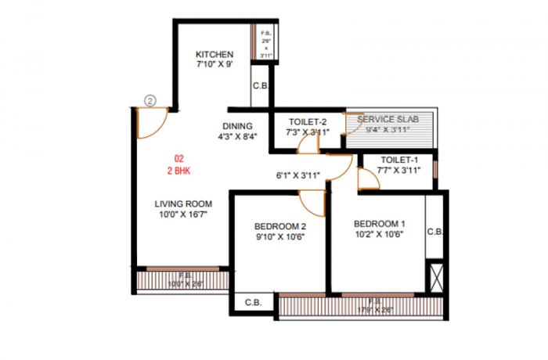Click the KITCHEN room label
(x=215, y=54)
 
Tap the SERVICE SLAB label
(x=388, y=118)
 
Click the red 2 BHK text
(x=179, y=170)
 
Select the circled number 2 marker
(x=152, y=100)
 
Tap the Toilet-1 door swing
(x=368, y=180)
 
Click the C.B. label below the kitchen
(x=259, y=87)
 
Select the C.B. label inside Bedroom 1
(x=435, y=232)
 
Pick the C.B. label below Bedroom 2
(x=253, y=302)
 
